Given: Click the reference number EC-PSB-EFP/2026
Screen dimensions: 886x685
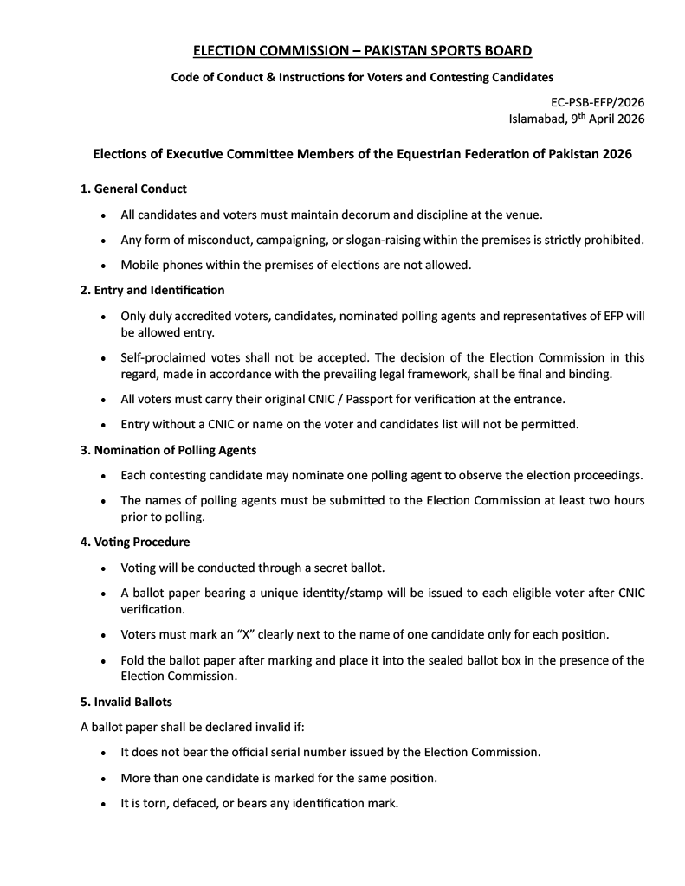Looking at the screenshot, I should pyautogui.click(x=598, y=102).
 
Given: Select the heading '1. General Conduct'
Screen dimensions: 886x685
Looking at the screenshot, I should pyautogui.click(x=133, y=189).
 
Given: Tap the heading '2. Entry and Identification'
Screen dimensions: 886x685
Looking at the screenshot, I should pyautogui.click(x=152, y=290).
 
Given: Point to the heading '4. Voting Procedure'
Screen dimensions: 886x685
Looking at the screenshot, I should pyautogui.click(x=135, y=542).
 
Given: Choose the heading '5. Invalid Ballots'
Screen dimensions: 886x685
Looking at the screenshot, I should pyautogui.click(x=126, y=702).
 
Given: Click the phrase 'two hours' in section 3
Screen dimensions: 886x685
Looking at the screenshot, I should pyautogui.click(x=616, y=500).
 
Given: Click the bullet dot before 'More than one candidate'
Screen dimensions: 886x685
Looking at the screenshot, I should pyautogui.click(x=104, y=779).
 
